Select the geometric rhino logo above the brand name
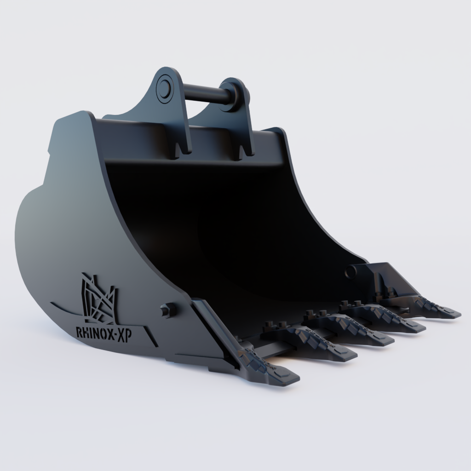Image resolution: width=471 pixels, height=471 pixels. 98,299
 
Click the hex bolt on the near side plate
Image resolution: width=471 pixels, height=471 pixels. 167,310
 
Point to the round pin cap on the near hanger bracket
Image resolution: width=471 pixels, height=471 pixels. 163,86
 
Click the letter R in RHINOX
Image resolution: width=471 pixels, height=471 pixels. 79,330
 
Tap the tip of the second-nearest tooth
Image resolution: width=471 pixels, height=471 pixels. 348,355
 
